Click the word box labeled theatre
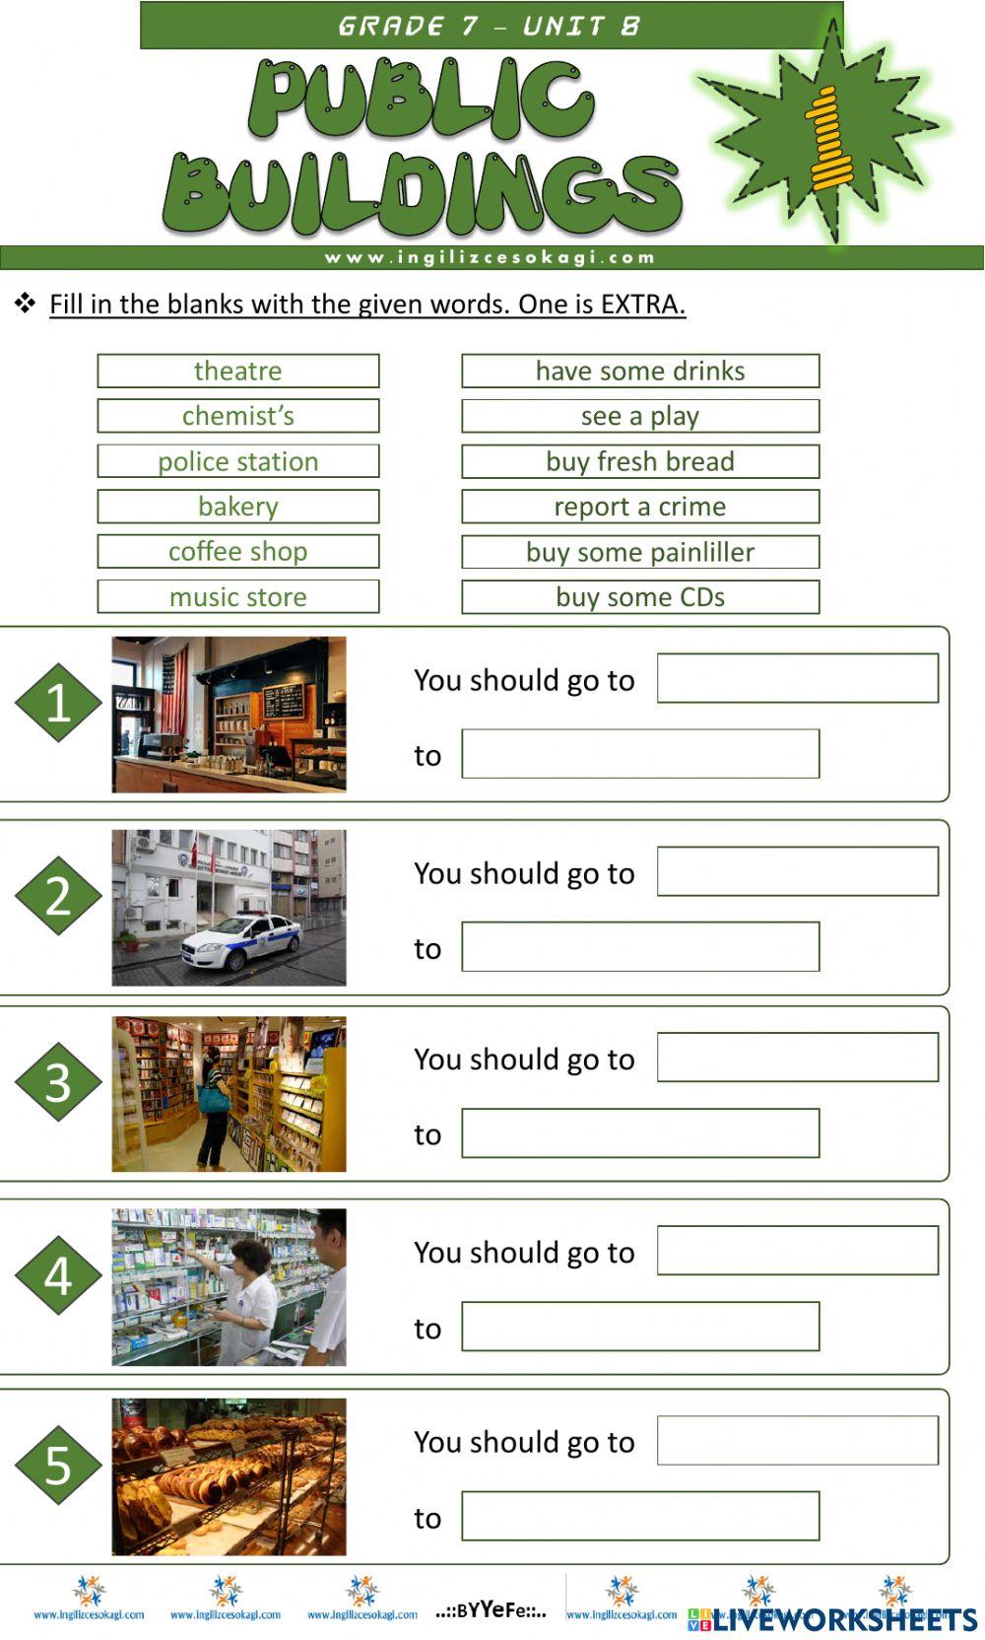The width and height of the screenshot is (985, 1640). (x=237, y=371)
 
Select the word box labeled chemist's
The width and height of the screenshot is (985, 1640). (x=237, y=416)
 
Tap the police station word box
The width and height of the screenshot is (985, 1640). (x=237, y=461)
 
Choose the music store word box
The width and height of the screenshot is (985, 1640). (x=237, y=596)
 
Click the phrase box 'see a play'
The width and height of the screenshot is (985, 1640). (x=640, y=416)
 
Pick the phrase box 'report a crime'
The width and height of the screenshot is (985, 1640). (x=640, y=507)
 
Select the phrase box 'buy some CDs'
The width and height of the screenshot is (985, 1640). (x=640, y=596)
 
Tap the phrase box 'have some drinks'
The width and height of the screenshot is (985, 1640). (x=640, y=371)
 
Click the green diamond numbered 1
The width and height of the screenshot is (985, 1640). (x=58, y=703)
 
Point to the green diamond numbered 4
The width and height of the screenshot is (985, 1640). (x=58, y=1275)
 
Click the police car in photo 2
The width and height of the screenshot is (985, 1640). (x=241, y=941)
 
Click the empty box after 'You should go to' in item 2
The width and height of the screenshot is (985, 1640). (x=797, y=871)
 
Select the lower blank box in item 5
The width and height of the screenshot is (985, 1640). (x=640, y=1516)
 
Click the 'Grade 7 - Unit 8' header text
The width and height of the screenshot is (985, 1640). (x=490, y=26)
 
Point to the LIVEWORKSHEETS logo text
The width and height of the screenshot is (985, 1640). (x=845, y=1619)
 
